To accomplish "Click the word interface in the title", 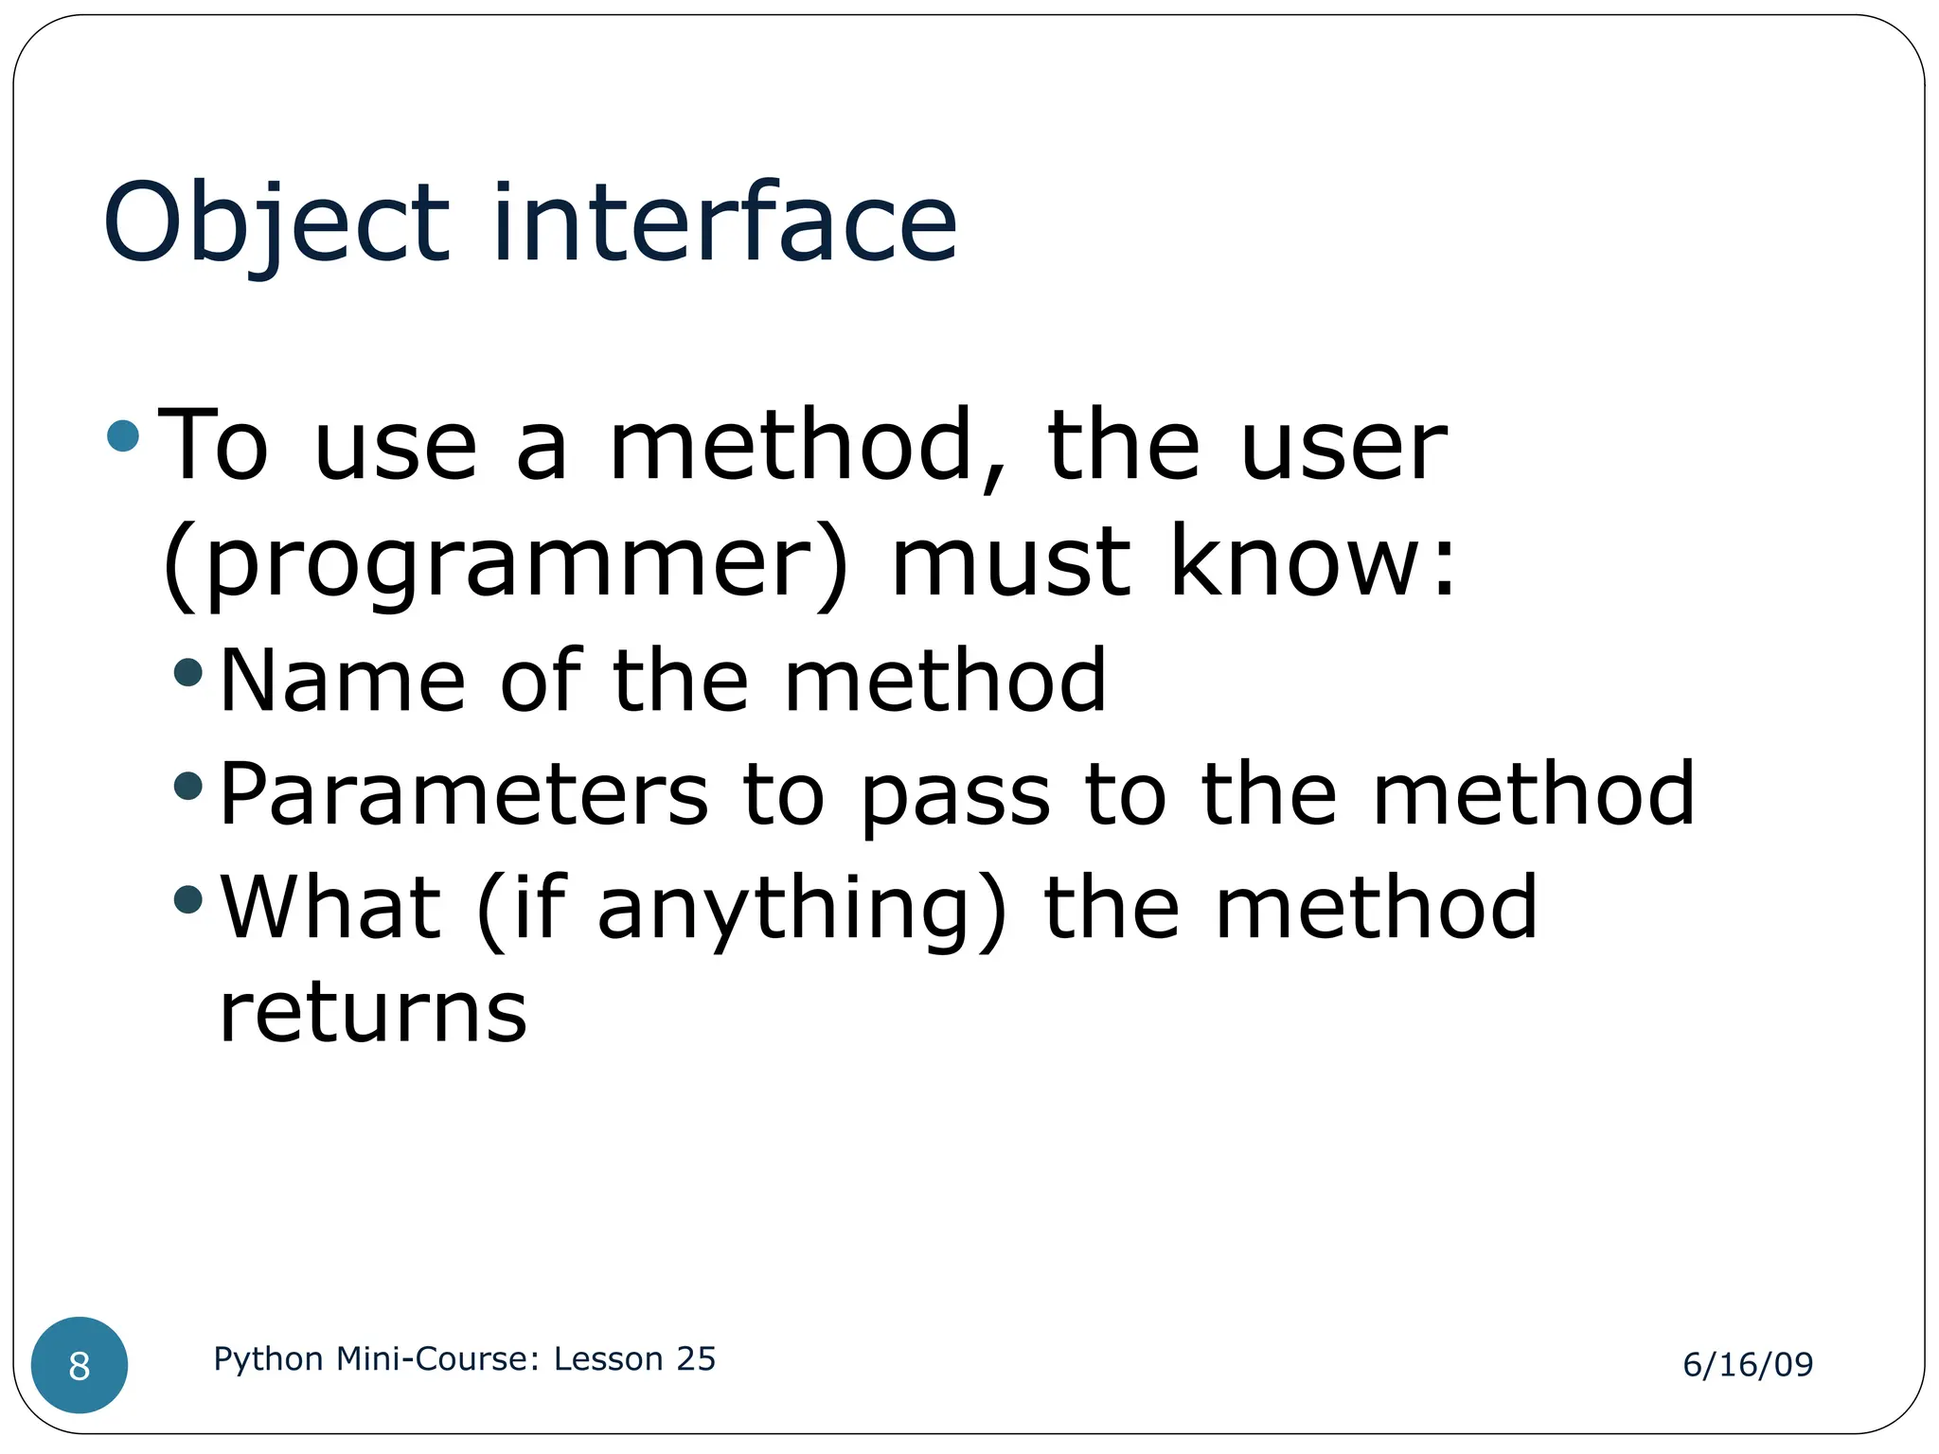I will [724, 223].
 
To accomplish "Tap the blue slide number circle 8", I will [80, 1365].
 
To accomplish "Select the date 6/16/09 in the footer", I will [1747, 1364].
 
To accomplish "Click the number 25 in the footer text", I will [695, 1358].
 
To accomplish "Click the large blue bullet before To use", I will [123, 436].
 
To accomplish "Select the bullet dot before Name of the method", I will [188, 672].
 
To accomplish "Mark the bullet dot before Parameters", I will [188, 786].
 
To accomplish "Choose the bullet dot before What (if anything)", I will [188, 899].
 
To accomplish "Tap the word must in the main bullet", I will [1010, 563].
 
